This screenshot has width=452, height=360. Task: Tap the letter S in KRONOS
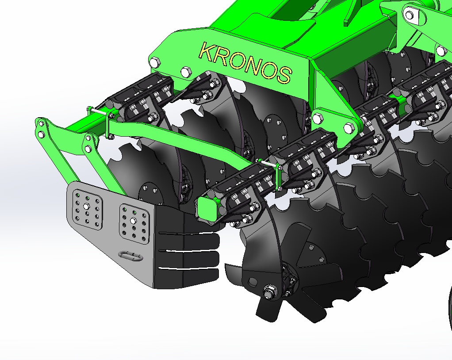point(283,74)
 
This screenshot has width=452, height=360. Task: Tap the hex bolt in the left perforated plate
point(86,206)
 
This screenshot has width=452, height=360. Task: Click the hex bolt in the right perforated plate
point(133,221)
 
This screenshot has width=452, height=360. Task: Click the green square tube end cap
point(207,208)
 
